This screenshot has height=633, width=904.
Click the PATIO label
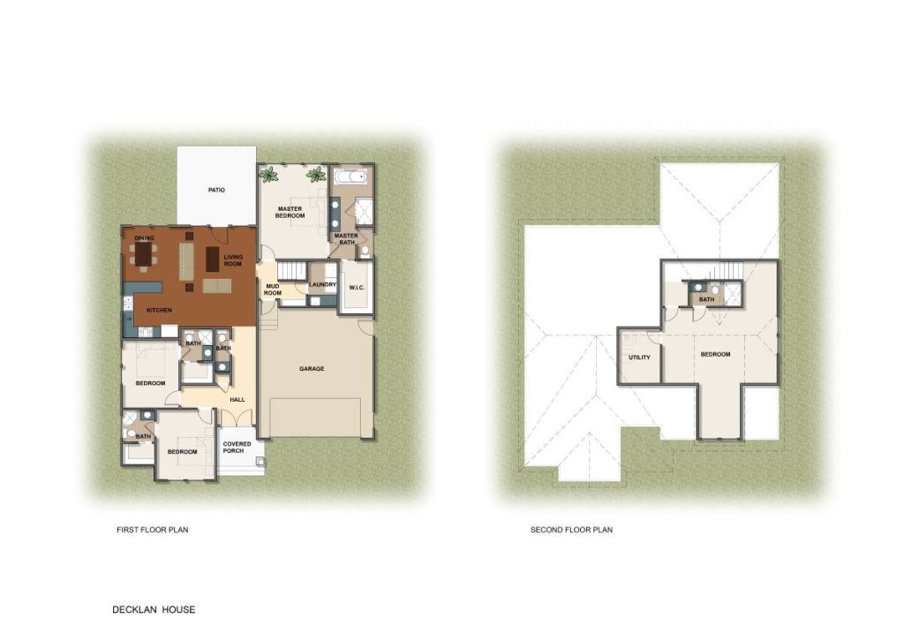[x=217, y=190]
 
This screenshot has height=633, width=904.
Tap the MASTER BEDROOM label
[x=290, y=212]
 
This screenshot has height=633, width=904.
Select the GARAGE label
[x=312, y=368]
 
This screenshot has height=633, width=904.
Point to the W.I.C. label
[x=357, y=287]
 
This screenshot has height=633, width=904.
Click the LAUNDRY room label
[x=322, y=284]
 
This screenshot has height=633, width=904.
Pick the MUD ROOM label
[x=273, y=290]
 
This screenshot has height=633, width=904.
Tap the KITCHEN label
[x=159, y=310]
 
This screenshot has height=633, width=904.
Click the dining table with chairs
[x=143, y=253]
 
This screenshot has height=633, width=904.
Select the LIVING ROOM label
[x=233, y=260]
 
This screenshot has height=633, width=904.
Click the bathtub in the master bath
[x=350, y=177]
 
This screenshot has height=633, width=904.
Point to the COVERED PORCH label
[x=237, y=447]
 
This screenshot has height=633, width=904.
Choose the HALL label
[x=237, y=400]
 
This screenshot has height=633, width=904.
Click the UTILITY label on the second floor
[x=639, y=358]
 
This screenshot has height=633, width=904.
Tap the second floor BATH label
[x=707, y=299]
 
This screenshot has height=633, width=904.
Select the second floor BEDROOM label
[x=715, y=355]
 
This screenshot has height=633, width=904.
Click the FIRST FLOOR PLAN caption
[x=153, y=529]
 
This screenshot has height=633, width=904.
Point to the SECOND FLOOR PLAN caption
[x=571, y=529]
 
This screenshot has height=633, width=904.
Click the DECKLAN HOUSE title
[x=154, y=609]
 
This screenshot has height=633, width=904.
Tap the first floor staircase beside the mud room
[x=291, y=270]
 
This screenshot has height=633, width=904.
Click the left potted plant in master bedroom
[x=268, y=174]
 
